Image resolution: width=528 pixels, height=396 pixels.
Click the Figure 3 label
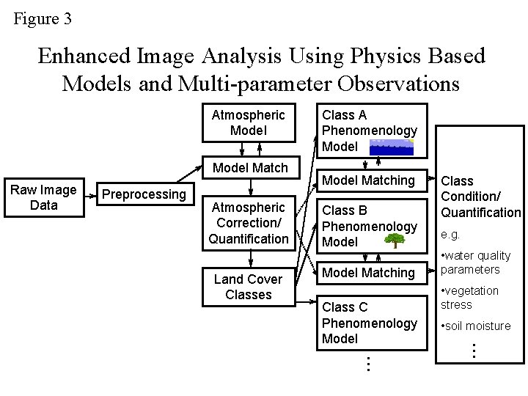click(43, 19)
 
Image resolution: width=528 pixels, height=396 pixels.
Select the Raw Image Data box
click(43, 198)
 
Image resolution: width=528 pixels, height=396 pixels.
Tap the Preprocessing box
click(144, 194)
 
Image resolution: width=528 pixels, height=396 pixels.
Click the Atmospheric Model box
click(248, 122)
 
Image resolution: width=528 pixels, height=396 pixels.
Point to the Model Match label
click(250, 168)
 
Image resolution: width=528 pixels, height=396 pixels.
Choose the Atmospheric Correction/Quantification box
click(248, 223)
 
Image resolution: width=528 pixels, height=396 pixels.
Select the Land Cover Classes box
click(248, 287)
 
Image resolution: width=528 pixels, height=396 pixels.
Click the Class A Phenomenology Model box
click(370, 131)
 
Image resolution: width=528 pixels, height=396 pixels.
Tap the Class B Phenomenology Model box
click(370, 226)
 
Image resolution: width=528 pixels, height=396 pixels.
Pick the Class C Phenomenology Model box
click(370, 323)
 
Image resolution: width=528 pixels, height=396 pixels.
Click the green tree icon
click(394, 241)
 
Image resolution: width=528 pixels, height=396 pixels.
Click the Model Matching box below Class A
click(369, 180)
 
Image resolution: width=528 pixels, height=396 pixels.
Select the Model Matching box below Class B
click(369, 273)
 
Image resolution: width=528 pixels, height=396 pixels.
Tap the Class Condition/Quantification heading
click(480, 197)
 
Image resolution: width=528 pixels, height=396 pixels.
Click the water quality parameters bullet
click(476, 263)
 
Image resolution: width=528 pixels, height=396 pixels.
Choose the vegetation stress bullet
click(469, 298)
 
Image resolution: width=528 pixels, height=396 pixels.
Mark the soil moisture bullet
click(476, 326)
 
